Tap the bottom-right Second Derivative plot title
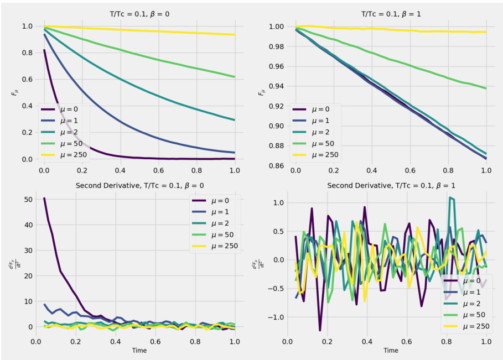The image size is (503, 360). coord(391,185)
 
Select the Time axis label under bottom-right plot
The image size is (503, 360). coord(391,350)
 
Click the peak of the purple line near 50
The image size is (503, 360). coord(44,198)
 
